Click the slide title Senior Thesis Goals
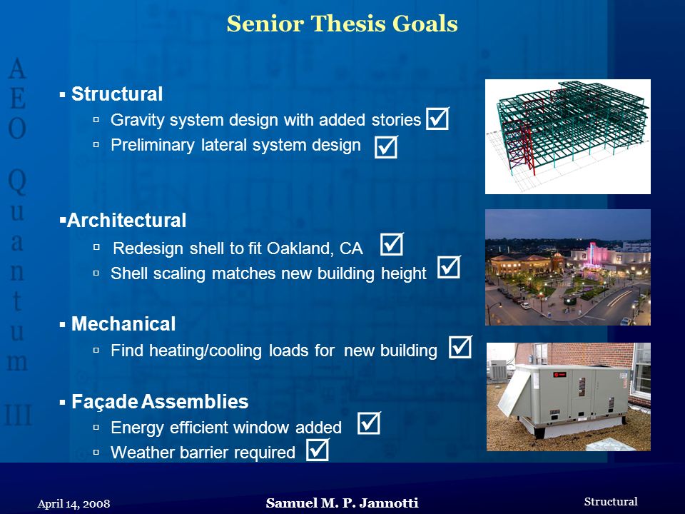[x=342, y=24]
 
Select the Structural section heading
[x=117, y=94]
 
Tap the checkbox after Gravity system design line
[x=437, y=119]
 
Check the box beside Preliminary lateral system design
[x=386, y=146]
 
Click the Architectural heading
[x=127, y=220]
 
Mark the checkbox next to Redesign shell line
[x=392, y=244]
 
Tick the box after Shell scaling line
[x=449, y=267]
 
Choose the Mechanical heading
[x=123, y=324]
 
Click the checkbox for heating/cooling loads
[x=460, y=347]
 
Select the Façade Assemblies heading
[x=160, y=401]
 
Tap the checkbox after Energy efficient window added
[x=369, y=423]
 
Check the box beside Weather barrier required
[x=318, y=449]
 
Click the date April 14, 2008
[x=73, y=504]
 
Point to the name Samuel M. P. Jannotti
[x=342, y=503]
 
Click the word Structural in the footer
[x=611, y=501]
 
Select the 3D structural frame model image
[x=568, y=136]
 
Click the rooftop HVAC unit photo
[x=569, y=397]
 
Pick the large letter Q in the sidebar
[x=17, y=181]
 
